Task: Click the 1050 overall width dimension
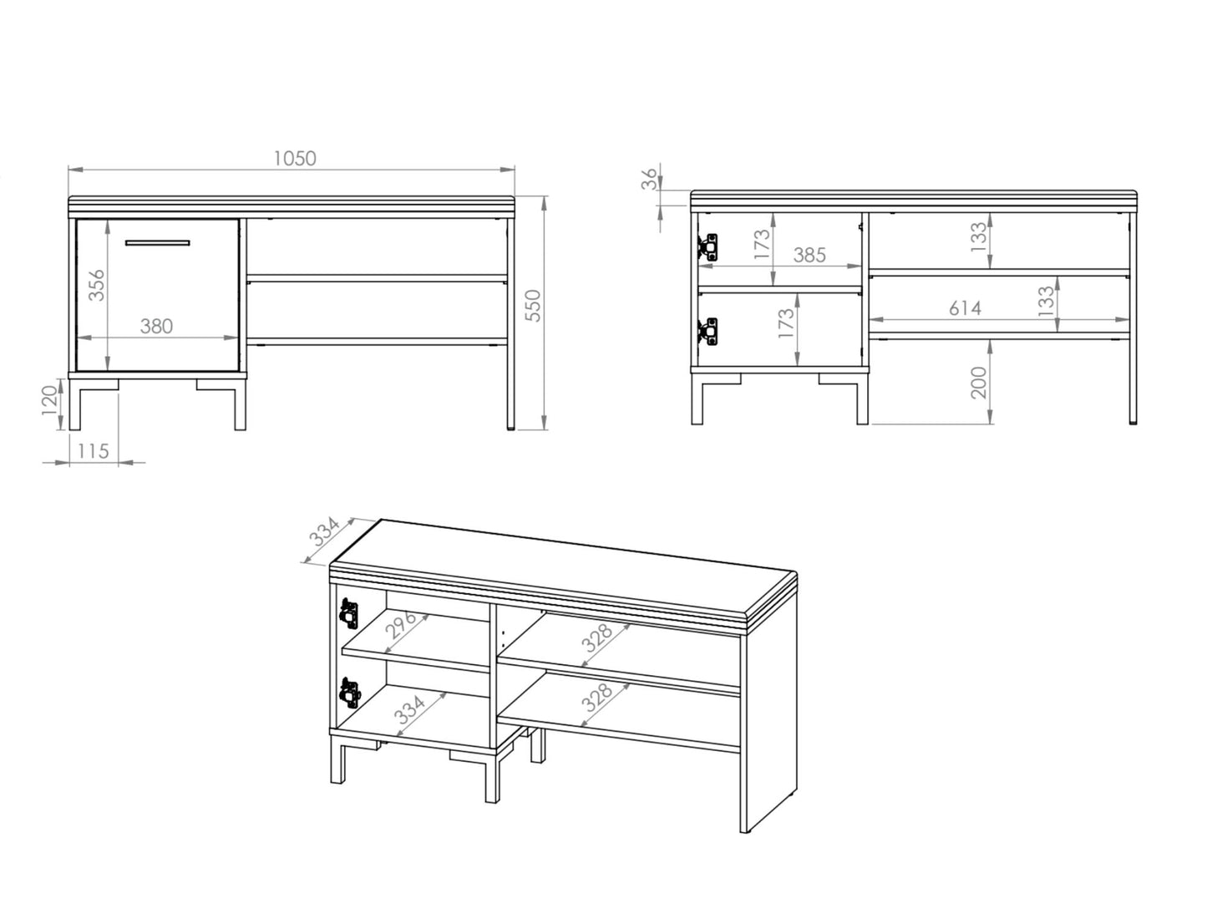click(x=295, y=158)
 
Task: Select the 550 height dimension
click(x=534, y=306)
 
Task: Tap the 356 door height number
click(x=97, y=285)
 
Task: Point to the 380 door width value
click(x=156, y=327)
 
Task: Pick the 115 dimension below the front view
click(x=93, y=451)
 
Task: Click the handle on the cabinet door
click(x=158, y=243)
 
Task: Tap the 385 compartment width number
click(x=809, y=255)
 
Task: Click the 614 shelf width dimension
click(x=965, y=308)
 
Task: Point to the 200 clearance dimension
click(x=980, y=383)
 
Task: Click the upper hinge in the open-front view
click(x=707, y=247)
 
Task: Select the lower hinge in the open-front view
click(x=707, y=330)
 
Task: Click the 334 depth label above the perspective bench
click(x=322, y=532)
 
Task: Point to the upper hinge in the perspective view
click(x=347, y=614)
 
